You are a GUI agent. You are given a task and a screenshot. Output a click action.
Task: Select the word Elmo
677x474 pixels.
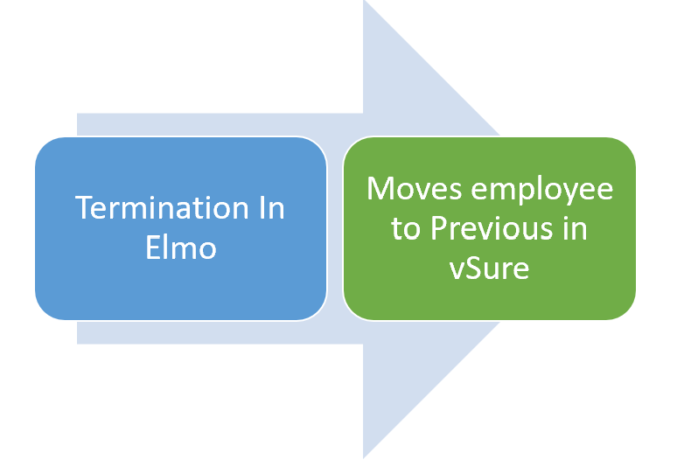[x=181, y=247]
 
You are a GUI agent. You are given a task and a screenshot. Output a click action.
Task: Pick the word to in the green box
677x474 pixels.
[x=405, y=229]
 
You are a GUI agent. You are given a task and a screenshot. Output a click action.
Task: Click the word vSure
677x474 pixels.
[x=489, y=267]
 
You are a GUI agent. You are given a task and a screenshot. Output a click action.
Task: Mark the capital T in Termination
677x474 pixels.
[x=84, y=209]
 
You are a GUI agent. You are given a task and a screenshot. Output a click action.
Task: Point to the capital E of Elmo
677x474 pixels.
[x=152, y=247]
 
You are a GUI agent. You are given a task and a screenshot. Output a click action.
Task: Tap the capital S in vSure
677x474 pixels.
[x=471, y=267]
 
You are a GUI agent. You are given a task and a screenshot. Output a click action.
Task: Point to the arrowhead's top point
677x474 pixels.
[x=364, y=3]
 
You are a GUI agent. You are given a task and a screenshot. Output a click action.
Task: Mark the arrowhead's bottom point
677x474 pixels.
[x=364, y=457]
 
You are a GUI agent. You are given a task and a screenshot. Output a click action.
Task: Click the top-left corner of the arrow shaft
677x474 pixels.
[x=78, y=114]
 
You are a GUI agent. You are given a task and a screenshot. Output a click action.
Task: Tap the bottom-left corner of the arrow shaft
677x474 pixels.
[x=78, y=344]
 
